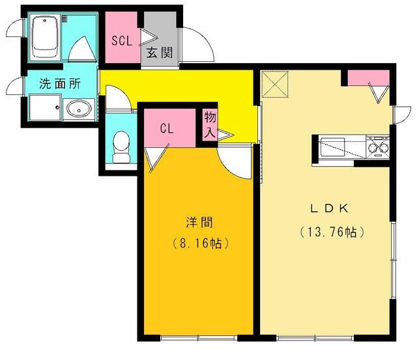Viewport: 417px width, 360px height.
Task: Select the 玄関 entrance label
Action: (x=159, y=53)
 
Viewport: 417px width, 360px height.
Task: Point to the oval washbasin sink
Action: (x=79, y=108)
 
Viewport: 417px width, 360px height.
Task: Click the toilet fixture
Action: (x=121, y=147)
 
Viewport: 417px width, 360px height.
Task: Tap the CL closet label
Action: (x=167, y=128)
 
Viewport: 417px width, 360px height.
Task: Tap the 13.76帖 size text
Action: (x=331, y=231)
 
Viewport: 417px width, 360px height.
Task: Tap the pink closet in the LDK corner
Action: (x=367, y=77)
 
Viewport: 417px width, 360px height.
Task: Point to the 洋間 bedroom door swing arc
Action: (x=233, y=163)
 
